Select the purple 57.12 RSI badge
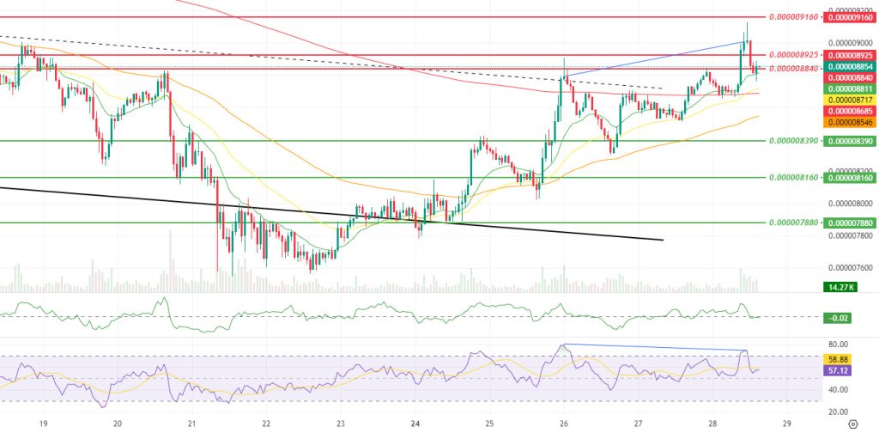pyautogui.click(x=835, y=370)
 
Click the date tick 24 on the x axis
pyautogui.click(x=415, y=423)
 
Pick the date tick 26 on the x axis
pyautogui.click(x=564, y=423)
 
